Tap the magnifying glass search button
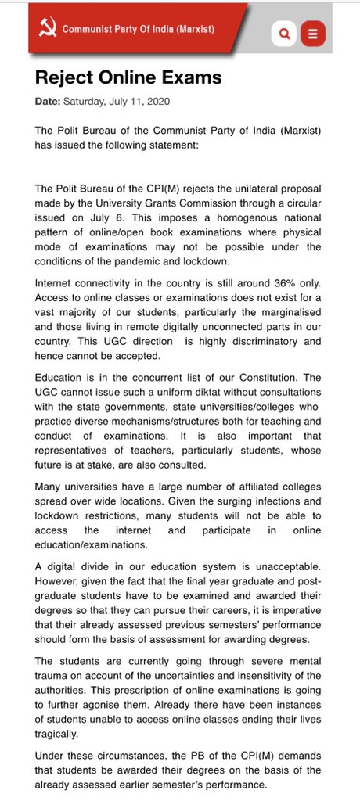point(284,34)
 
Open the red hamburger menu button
point(313,34)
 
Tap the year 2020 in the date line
point(157,102)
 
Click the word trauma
point(53,676)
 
